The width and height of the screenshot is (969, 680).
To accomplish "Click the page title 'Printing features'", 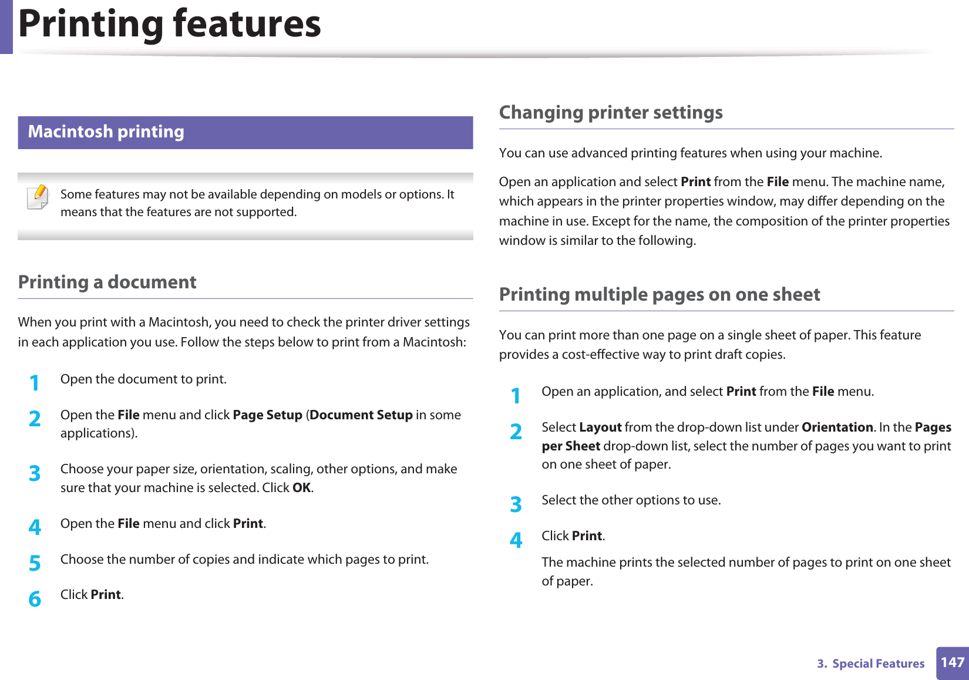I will [x=170, y=24].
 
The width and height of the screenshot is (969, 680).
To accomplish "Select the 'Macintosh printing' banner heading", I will [x=106, y=132].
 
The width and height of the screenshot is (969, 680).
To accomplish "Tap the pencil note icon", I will [x=38, y=197].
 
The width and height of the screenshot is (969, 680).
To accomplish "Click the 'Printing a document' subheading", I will [x=107, y=282].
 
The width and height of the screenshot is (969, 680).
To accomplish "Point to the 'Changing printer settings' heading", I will [x=611, y=113].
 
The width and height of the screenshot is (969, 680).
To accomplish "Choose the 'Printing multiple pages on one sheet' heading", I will [x=660, y=295].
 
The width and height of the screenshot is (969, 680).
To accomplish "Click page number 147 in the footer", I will [x=952, y=663].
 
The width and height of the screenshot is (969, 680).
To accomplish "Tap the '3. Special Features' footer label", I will [x=871, y=664].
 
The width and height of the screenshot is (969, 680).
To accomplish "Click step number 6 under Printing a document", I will [x=35, y=599].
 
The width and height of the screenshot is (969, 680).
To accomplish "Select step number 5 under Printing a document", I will [x=35, y=563].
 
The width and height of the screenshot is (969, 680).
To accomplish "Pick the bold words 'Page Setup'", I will [x=267, y=415].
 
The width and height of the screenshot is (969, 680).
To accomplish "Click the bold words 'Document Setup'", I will [x=361, y=415].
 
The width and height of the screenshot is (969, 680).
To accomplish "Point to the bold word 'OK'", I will [x=301, y=488].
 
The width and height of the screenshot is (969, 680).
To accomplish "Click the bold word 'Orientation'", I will [x=837, y=427].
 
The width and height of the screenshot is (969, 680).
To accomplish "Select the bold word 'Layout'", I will [x=600, y=427].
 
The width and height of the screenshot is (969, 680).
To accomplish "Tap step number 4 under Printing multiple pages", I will [x=516, y=540].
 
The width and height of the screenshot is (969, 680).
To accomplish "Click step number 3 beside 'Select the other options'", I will [x=516, y=504].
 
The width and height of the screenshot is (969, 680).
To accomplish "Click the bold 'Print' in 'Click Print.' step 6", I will [x=106, y=595].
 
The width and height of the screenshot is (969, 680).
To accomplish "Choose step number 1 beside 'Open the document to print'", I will [x=35, y=383].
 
